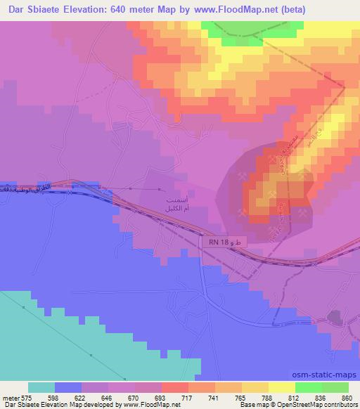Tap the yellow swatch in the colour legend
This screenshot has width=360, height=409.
(282, 387)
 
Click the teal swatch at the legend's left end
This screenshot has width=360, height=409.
(42, 387)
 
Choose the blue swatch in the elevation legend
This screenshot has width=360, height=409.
(68, 387)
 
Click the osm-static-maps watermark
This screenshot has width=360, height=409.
(326, 374)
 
